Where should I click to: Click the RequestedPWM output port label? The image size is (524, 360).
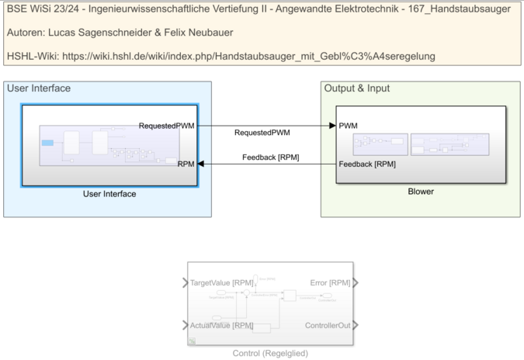tap(167, 126)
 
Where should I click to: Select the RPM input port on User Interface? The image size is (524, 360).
tap(186, 164)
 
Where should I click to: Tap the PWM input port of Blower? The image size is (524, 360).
tap(349, 126)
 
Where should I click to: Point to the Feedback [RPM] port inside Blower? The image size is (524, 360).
tap(367, 164)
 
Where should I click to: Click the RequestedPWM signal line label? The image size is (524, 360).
tap(262, 133)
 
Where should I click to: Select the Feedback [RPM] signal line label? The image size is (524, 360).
tap(270, 157)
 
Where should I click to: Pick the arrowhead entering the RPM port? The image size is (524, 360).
tap(202, 164)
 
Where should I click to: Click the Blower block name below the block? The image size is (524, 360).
tap(421, 191)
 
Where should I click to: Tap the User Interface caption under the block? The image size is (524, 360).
tap(109, 194)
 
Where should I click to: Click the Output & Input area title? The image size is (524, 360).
tap(356, 88)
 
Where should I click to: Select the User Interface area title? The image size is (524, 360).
tap(39, 88)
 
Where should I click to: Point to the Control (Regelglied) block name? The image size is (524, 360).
tap(270, 353)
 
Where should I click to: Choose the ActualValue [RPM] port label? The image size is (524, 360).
tap(222, 325)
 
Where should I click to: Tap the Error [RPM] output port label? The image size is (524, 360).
tap(330, 283)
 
